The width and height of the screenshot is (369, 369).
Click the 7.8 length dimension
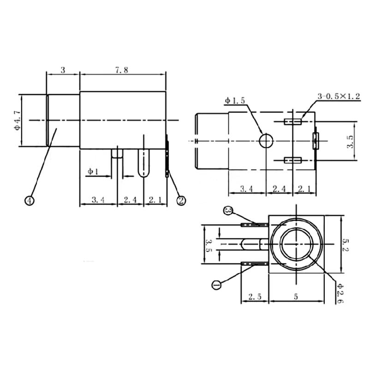click(122, 70)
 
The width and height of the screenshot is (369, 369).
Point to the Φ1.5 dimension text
click(235, 101)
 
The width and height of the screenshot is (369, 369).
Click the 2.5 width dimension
click(255, 297)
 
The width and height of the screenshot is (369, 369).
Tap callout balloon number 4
click(30, 200)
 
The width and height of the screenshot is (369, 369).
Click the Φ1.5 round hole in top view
click(266, 140)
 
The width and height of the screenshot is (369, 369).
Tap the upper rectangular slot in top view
click(292, 122)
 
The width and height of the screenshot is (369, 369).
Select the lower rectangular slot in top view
click(292, 160)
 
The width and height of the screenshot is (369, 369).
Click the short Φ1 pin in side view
click(118, 153)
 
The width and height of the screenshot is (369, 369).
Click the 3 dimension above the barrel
click(63, 70)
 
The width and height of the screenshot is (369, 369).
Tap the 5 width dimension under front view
click(295, 297)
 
